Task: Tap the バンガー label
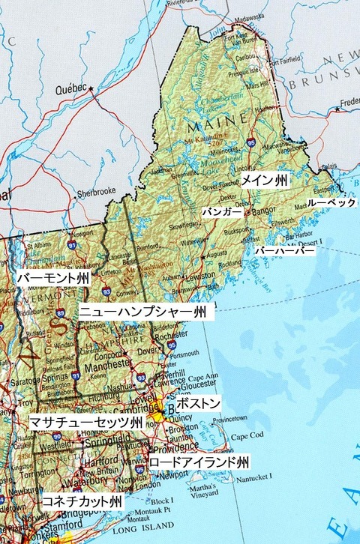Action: coord(222,213)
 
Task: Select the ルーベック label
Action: coord(331,203)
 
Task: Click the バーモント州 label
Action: coord(52,278)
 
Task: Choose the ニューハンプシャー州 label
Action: coord(142,310)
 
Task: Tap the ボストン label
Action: coord(202,404)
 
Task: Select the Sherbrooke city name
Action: coord(97,191)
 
